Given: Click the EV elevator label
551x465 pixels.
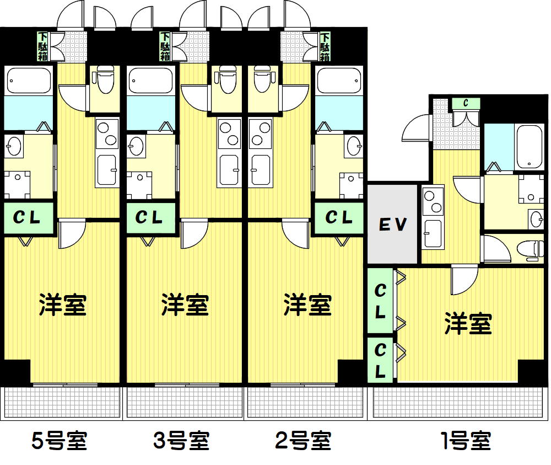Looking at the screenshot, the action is (393, 225).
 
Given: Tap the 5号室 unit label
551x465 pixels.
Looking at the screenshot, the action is (60, 440).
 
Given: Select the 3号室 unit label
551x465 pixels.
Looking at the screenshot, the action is (181, 440).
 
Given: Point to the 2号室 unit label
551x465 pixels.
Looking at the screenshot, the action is (303, 440).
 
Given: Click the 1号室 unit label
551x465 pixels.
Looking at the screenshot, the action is (466, 440).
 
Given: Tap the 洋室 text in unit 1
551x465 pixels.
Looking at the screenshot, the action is (468, 323).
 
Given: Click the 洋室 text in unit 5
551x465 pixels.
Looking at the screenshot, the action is (63, 304).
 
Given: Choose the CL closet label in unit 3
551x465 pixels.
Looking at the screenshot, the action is (149, 217).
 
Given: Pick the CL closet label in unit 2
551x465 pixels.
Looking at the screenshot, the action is (339, 217).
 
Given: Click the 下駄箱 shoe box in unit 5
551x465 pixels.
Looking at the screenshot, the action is (43, 46).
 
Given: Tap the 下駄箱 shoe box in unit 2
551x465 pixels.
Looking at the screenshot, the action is (325, 46).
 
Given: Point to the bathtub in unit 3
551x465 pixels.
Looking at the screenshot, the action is (151, 81).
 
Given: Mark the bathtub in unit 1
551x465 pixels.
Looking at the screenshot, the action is (529, 147).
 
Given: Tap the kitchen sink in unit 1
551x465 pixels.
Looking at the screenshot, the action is (433, 233).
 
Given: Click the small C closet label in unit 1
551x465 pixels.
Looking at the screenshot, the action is (466, 103).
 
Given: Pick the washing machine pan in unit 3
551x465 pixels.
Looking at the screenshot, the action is (140, 185).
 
